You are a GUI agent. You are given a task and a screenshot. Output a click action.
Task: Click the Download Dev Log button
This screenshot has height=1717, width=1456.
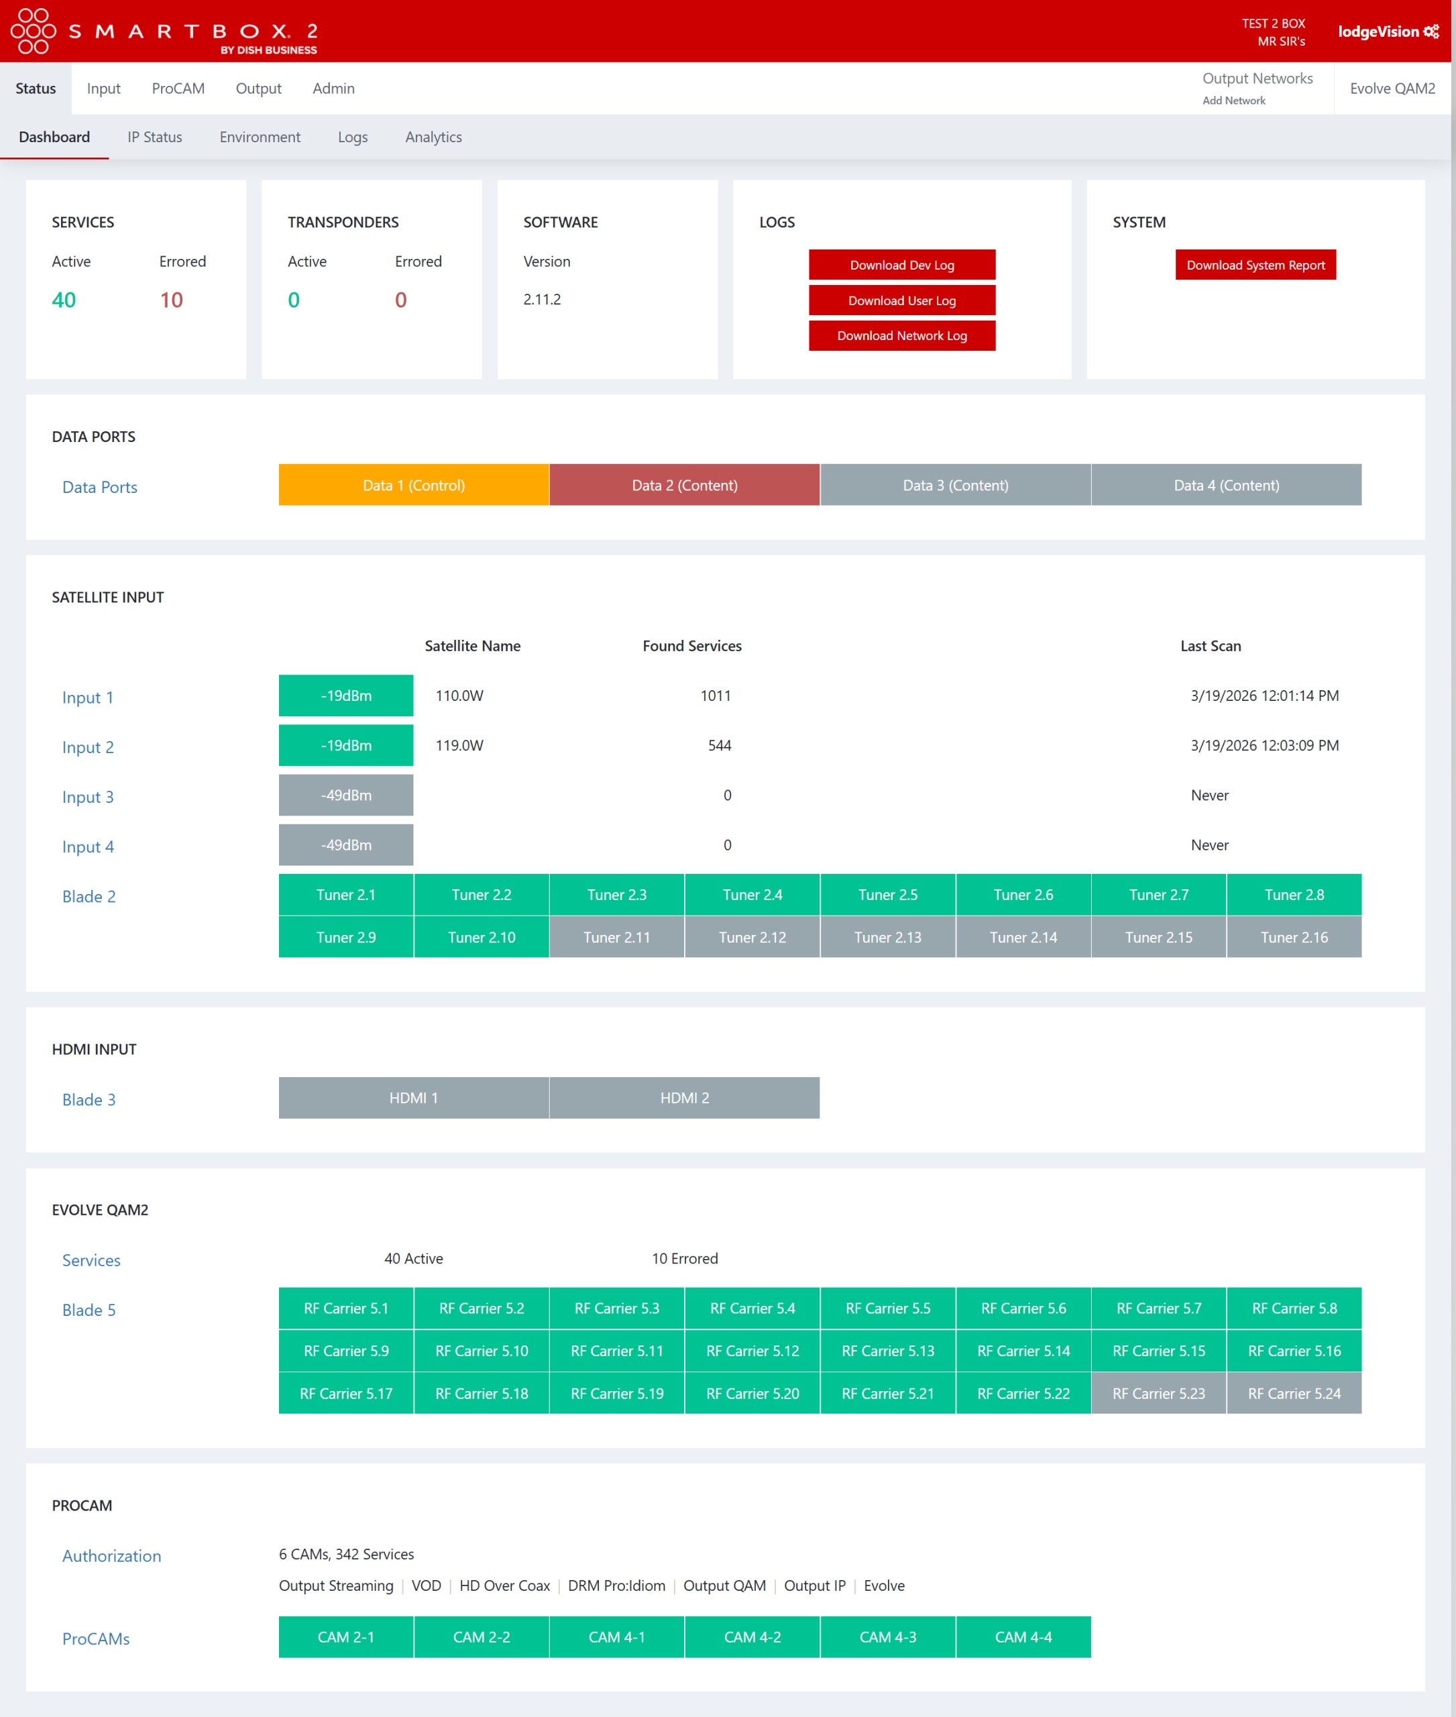[901, 265]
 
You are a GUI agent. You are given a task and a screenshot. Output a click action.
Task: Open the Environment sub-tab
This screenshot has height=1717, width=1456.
[259, 137]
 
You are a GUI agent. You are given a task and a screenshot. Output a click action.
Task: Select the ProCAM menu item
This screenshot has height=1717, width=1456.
[178, 89]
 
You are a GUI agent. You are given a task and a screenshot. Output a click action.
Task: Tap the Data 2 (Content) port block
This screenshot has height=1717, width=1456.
[683, 486]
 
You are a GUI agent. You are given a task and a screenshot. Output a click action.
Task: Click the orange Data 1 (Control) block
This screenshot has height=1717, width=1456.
[414, 486]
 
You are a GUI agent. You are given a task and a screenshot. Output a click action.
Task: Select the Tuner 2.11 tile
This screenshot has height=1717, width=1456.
[616, 937]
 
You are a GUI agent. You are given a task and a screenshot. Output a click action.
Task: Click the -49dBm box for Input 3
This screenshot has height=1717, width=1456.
[346, 795]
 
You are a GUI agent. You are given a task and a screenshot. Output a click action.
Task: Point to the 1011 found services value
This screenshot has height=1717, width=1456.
[715, 696]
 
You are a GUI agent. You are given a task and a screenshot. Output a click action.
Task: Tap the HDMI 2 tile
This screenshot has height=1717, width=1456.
[683, 1098]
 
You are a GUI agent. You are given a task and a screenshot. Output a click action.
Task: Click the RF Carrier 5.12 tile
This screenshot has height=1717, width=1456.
[752, 1351]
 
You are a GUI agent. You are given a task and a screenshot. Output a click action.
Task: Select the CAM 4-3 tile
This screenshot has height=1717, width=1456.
[887, 1637]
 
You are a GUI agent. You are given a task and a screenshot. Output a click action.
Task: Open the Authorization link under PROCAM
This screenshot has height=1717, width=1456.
[111, 1556]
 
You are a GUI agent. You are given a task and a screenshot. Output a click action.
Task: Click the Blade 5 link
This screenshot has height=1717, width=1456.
[89, 1310]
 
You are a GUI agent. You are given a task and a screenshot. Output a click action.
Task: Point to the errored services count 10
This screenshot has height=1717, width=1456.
[171, 300]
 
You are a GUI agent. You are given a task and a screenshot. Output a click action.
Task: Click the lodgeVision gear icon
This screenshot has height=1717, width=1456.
[1431, 32]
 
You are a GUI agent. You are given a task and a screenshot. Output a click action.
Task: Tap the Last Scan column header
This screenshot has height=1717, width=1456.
[1209, 645]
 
